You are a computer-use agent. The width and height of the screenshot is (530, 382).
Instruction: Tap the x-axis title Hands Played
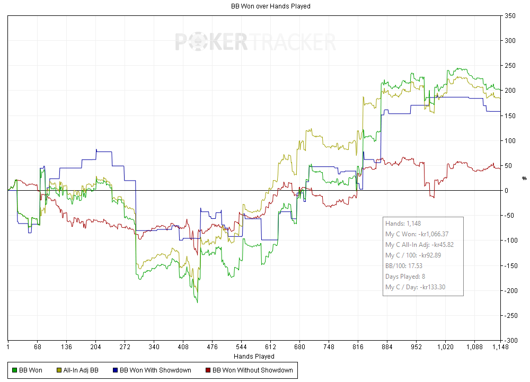(254, 357)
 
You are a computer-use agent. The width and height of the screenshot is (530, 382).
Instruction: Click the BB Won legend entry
(27, 370)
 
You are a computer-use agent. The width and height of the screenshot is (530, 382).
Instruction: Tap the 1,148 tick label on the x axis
(500, 348)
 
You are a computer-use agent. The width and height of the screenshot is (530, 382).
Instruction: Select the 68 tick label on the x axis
(37, 348)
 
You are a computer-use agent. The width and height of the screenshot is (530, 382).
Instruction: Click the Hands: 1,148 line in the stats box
(403, 224)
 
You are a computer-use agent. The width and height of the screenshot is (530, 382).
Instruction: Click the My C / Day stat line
(415, 287)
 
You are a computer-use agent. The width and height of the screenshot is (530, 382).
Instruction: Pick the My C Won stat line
(417, 234)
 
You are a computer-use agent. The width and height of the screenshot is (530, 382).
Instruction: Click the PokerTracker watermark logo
(255, 41)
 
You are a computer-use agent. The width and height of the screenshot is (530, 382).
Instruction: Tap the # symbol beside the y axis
(524, 178)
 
